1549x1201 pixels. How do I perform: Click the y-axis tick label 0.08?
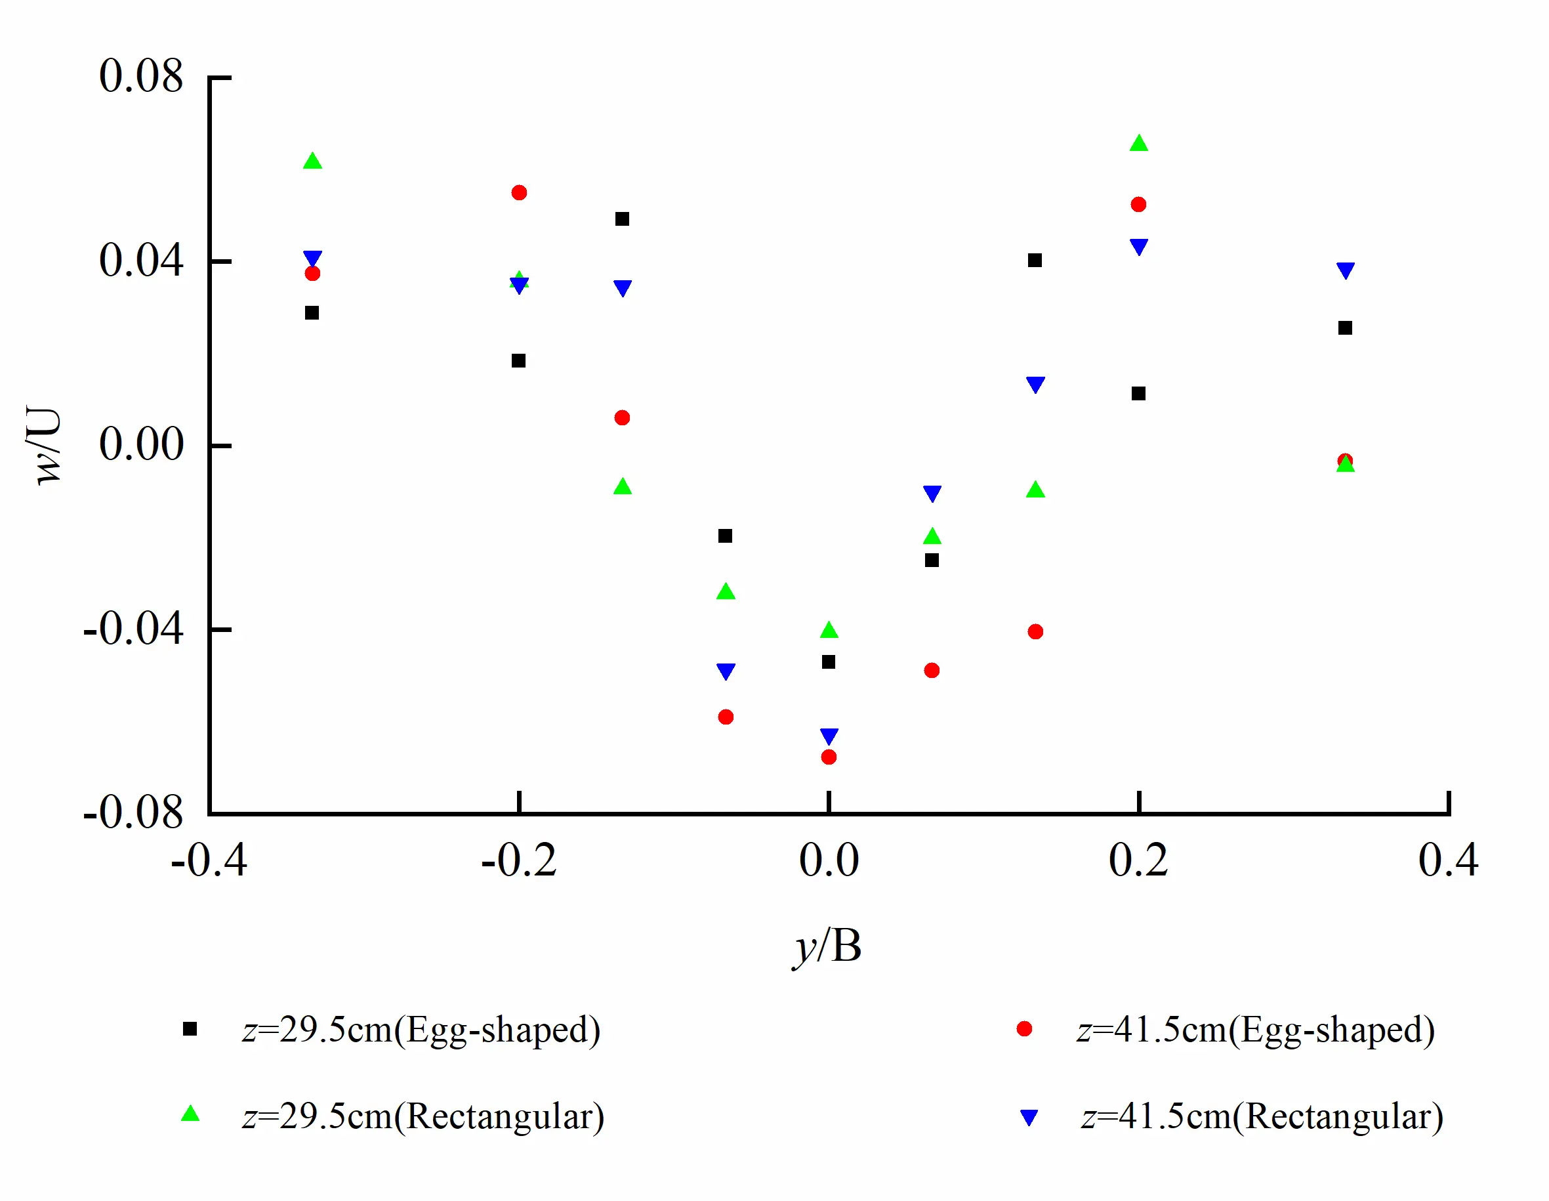140,76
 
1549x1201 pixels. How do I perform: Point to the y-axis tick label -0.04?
133,629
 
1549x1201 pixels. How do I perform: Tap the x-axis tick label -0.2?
518,861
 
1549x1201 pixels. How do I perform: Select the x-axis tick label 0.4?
1447,861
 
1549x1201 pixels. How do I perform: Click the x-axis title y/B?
827,946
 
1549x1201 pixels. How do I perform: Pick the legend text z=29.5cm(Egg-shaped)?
421,1029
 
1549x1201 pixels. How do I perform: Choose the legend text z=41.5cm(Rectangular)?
1262,1116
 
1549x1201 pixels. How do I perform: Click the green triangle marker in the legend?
190,1114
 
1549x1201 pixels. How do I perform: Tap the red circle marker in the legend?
1024,1028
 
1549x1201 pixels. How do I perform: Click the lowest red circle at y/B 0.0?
829,757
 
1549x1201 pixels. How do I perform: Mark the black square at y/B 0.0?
829,662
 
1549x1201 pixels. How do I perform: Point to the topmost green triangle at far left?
312,161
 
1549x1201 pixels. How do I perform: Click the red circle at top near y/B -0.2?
519,193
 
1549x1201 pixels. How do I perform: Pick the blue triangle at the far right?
1346,270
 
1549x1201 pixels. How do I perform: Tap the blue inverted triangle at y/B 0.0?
829,736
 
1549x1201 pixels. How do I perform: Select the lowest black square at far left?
312,313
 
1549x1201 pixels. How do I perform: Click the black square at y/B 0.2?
1138,394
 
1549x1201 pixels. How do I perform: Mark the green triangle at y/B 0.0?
829,630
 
